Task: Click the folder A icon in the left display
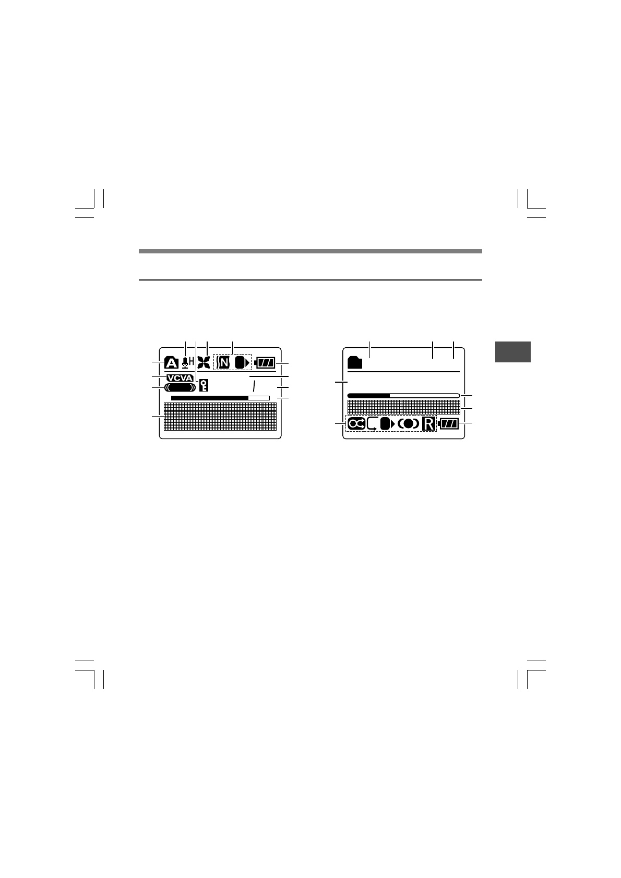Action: (171, 362)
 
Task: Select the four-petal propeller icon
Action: (204, 362)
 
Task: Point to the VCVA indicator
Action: (180, 378)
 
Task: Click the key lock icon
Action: (204, 386)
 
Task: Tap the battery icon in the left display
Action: (265, 362)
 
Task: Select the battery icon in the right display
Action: (448, 424)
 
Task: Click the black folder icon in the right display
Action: (355, 362)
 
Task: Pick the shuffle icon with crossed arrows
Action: (356, 424)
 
